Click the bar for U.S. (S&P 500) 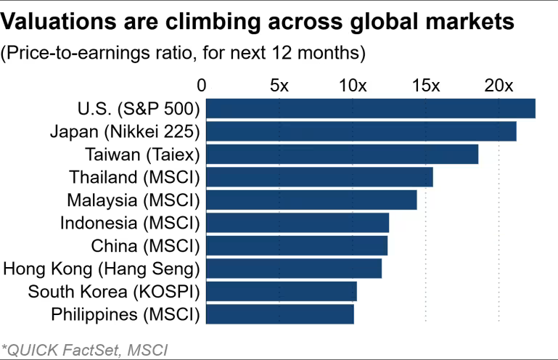coord(371,108)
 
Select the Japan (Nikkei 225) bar coord(361,131)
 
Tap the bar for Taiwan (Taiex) coord(342,154)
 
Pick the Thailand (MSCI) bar coord(319,177)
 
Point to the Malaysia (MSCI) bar coord(311,200)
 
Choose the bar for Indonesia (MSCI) coord(298,223)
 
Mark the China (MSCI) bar coord(297,245)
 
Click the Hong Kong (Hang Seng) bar coord(294,269)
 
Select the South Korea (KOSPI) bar coord(282,291)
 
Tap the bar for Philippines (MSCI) coord(280,314)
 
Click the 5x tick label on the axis coord(279,85)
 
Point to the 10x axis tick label coord(353,85)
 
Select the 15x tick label coord(426,85)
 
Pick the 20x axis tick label coord(499,85)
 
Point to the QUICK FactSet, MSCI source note coord(86,350)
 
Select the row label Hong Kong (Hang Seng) coord(102,269)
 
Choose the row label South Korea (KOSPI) coord(113,292)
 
